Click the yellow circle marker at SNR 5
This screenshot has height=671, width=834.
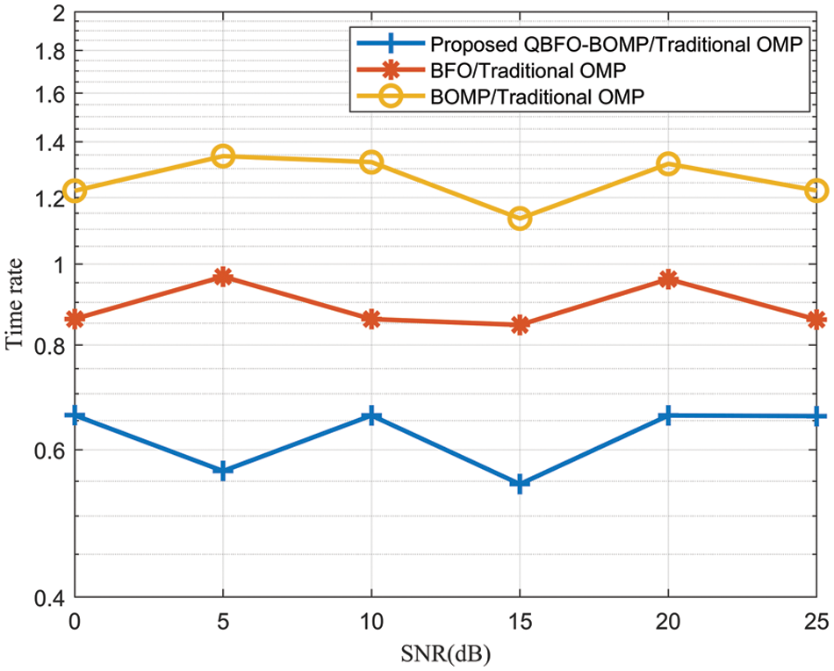coord(223,156)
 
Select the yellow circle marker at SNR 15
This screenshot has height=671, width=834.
coord(520,219)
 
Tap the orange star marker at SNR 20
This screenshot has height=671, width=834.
coord(668,279)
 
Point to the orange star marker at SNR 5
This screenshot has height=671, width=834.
coord(223,278)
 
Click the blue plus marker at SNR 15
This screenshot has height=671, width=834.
coord(520,484)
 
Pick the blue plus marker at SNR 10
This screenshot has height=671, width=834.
coord(371,415)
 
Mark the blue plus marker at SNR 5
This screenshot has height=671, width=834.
coord(223,471)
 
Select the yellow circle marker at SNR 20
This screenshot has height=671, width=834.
coord(668,164)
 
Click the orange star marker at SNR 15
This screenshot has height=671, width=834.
coord(520,325)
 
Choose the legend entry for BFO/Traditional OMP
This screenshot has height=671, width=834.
coord(528,70)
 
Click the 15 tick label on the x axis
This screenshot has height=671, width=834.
coord(520,621)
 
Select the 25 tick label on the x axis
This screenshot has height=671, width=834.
coord(816,621)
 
